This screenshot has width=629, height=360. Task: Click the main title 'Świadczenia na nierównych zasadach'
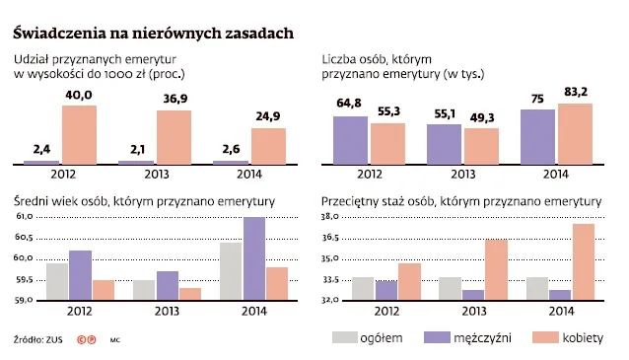click(153, 34)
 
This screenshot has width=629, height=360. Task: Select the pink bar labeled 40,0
click(80, 134)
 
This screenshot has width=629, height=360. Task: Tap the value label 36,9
click(174, 99)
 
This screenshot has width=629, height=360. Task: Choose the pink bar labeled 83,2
click(575, 133)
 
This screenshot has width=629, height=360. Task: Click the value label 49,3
click(481, 117)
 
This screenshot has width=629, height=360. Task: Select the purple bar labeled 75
click(536, 136)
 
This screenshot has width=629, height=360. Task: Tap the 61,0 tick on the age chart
click(23, 216)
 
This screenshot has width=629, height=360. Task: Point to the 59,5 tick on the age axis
click(23, 279)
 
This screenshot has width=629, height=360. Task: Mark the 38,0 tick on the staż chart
click(330, 216)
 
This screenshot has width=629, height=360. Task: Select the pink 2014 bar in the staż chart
click(584, 262)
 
